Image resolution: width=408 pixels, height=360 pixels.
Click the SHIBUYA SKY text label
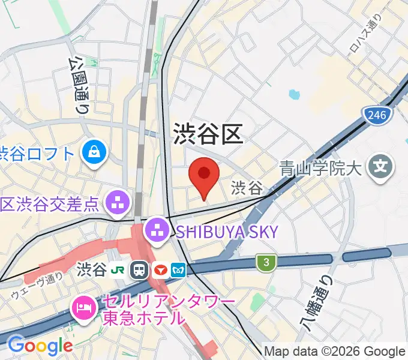click(x=228, y=231)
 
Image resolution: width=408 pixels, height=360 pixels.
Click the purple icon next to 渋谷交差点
click(x=118, y=203)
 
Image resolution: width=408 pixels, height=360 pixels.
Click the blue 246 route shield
click(x=377, y=114)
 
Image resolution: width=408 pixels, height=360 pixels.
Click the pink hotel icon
click(x=82, y=309)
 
